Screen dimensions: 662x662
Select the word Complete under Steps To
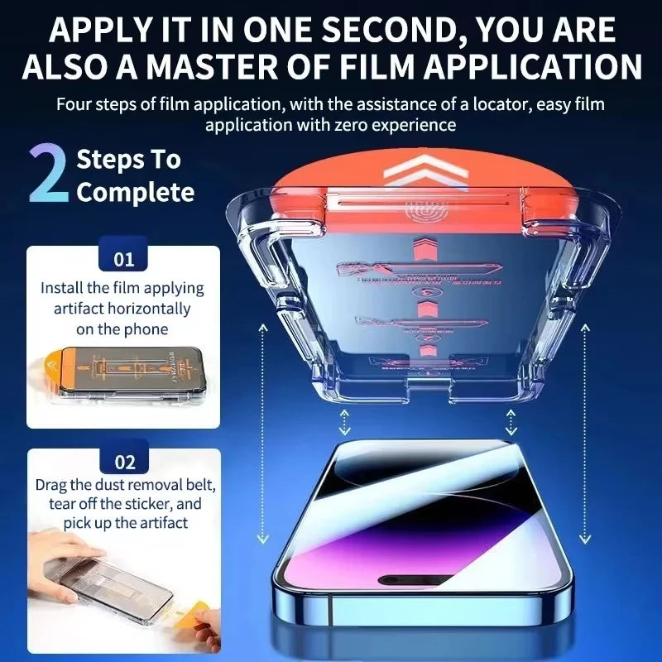coord(135,193)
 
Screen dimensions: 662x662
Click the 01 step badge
coord(123,259)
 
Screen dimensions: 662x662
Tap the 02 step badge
coord(123,462)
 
